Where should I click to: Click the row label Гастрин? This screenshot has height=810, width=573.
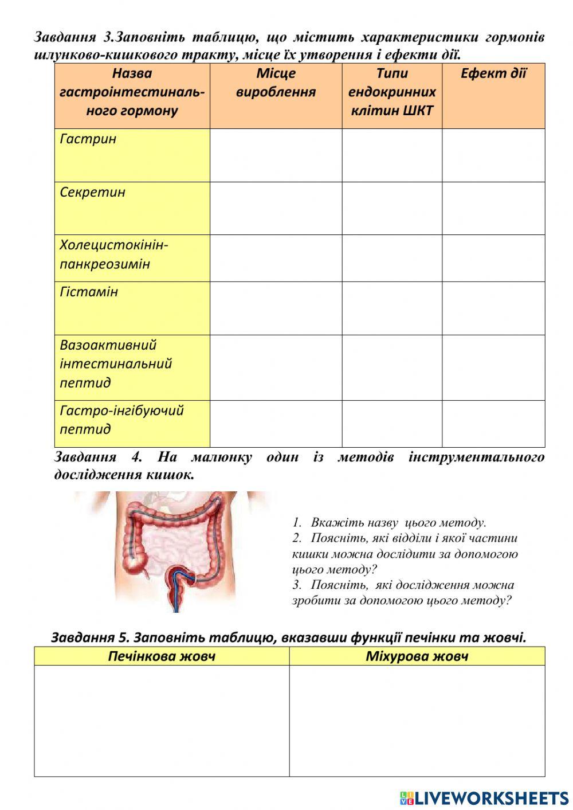click(x=88, y=139)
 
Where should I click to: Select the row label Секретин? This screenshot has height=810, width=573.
click(x=92, y=192)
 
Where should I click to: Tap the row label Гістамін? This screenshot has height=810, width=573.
click(x=89, y=292)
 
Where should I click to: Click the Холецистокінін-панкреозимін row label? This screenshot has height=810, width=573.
click(x=113, y=255)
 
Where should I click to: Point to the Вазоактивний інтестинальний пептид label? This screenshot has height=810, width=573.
click(x=116, y=364)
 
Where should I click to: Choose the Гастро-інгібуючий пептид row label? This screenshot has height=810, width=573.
click(x=121, y=420)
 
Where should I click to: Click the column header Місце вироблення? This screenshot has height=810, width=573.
click(x=276, y=83)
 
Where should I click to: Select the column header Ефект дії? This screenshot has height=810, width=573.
click(x=493, y=73)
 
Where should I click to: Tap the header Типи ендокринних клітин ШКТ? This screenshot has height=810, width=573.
click(x=392, y=92)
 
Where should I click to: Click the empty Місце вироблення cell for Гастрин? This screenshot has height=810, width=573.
click(x=276, y=155)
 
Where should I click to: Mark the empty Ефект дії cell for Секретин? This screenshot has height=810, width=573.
click(x=493, y=208)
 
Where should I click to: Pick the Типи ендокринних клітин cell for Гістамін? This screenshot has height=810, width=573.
click(x=392, y=308)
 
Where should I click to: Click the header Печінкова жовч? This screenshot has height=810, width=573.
click(x=162, y=656)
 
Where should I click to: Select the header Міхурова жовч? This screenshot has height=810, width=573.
click(x=417, y=656)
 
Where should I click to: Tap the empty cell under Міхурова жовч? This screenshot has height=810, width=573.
click(x=417, y=721)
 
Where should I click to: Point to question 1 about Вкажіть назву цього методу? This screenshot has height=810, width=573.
click(x=390, y=523)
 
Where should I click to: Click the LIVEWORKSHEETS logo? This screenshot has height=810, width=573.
click(x=484, y=798)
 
